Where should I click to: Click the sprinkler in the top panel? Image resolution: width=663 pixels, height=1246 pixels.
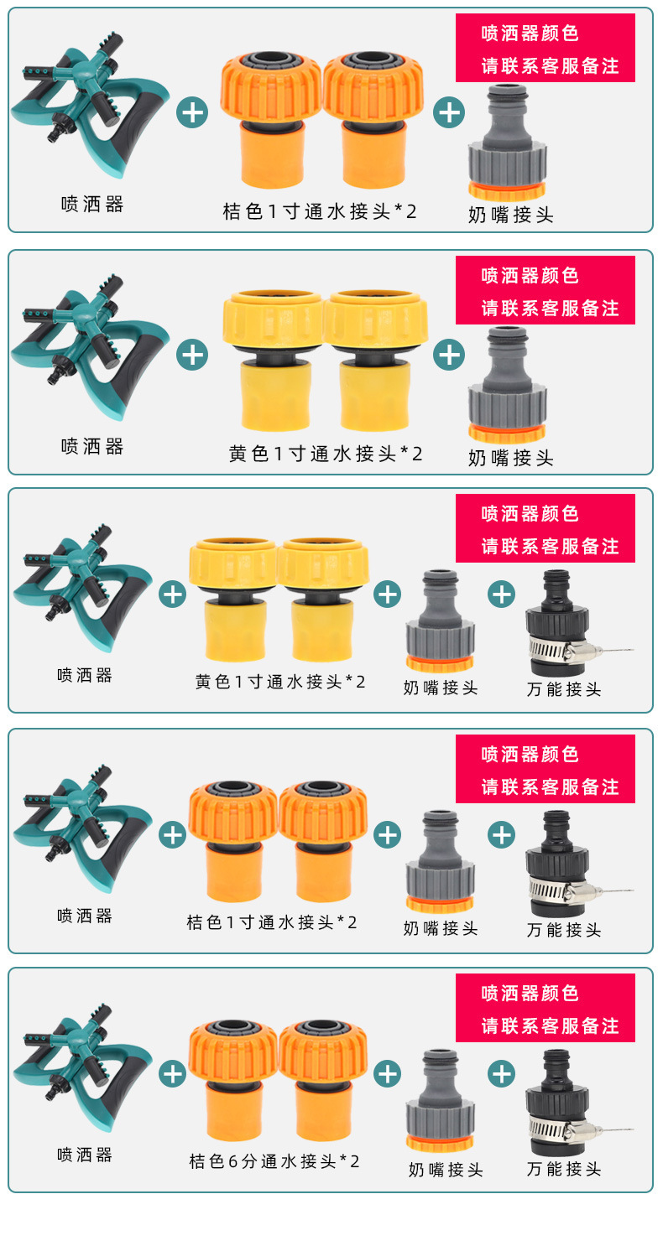(89, 106)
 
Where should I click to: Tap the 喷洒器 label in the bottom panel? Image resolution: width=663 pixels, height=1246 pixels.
(85, 1155)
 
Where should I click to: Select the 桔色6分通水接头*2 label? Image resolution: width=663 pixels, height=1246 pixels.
(274, 1161)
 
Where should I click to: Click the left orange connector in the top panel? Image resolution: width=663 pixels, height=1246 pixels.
(270, 120)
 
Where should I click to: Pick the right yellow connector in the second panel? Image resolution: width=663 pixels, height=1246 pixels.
(376, 361)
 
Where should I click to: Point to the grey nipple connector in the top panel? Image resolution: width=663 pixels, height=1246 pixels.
(507, 142)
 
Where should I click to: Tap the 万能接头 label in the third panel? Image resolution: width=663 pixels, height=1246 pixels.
(564, 689)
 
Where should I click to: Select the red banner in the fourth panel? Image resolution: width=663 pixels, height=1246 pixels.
(545, 769)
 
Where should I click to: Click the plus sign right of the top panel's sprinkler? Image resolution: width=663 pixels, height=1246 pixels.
(192, 112)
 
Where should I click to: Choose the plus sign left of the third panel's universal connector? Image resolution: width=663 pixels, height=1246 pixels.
(502, 594)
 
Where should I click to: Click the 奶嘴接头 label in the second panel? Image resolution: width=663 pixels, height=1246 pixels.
(510, 458)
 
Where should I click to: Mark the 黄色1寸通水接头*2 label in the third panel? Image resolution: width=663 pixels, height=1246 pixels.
(280, 682)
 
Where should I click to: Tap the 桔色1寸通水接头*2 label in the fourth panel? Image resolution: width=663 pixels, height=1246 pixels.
(272, 922)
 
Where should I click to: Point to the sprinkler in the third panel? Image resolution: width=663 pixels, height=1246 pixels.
(82, 588)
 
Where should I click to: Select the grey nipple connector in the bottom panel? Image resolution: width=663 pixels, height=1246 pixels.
(440, 1100)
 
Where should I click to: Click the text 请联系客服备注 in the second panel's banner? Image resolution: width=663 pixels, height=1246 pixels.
(550, 309)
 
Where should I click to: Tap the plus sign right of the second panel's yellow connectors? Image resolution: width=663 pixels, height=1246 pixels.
(449, 355)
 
